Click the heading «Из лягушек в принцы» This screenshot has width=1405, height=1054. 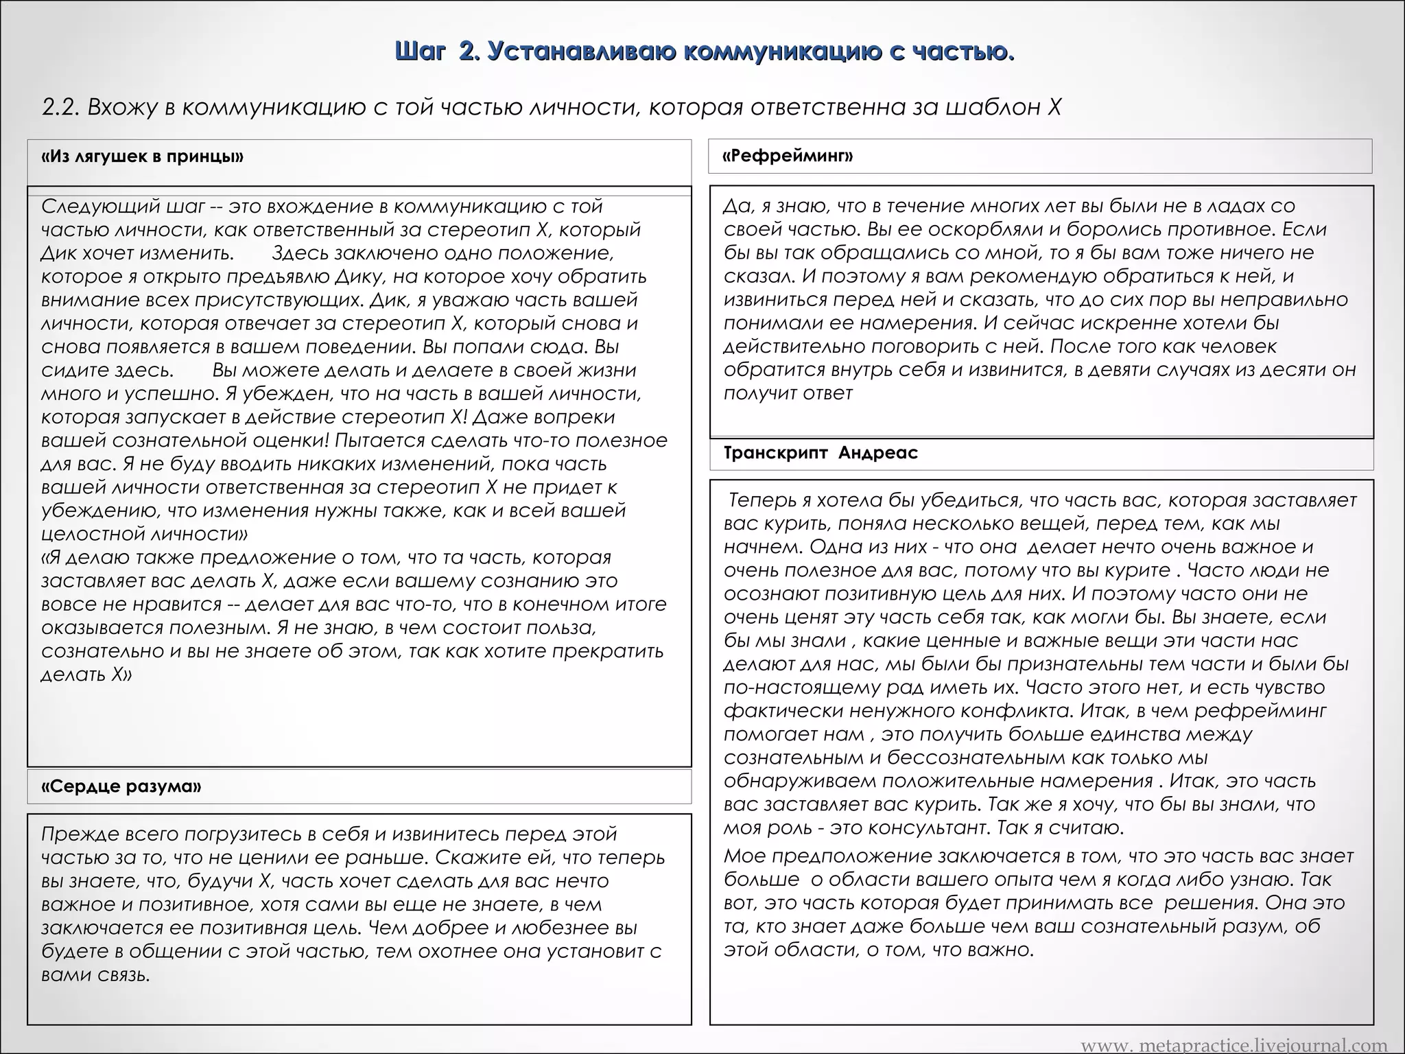(142, 156)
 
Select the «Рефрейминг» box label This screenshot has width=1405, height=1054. (788, 156)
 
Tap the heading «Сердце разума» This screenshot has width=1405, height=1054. (121, 786)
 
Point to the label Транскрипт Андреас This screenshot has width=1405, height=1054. (820, 453)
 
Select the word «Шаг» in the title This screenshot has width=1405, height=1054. (421, 51)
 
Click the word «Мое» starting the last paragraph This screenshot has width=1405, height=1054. (743, 856)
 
